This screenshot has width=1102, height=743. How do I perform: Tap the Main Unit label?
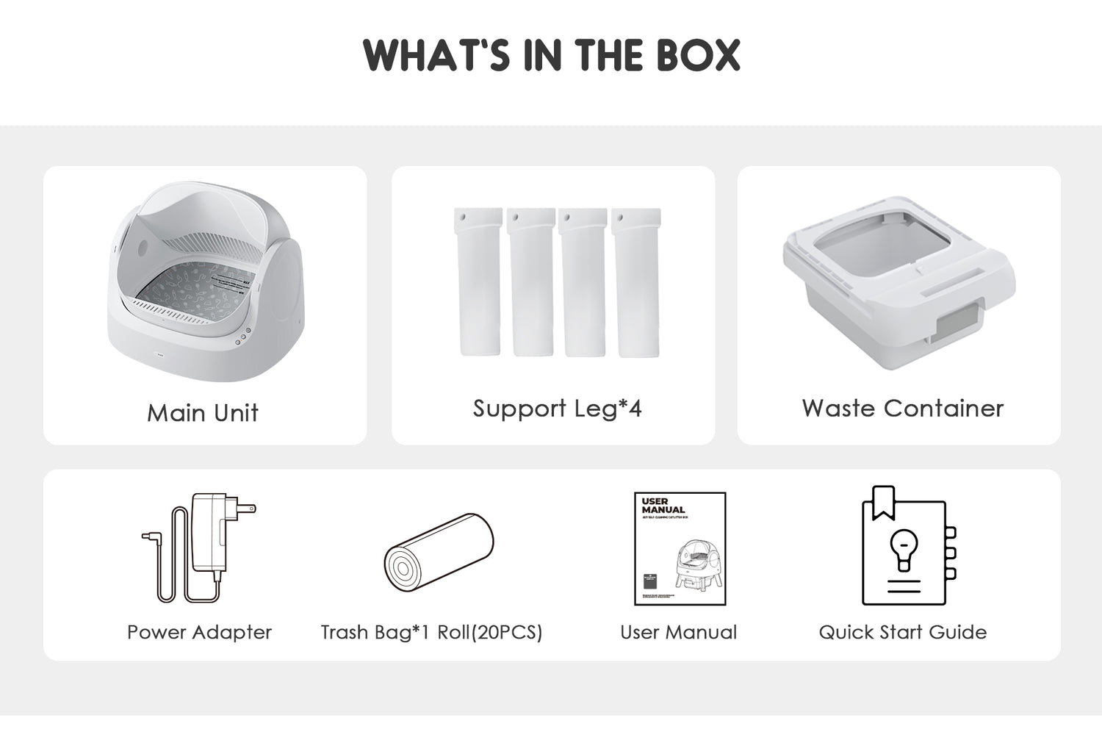click(x=203, y=412)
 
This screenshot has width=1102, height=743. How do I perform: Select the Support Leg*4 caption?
click(x=557, y=409)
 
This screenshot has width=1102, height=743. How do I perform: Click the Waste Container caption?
click(x=902, y=409)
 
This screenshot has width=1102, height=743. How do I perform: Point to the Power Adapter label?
click(x=199, y=632)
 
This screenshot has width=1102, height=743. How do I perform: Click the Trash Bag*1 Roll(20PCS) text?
click(x=431, y=632)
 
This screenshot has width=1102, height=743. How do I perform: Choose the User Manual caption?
click(x=678, y=632)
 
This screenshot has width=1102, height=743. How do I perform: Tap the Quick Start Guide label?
click(x=902, y=632)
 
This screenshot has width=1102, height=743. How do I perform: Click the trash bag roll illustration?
click(x=439, y=556)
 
